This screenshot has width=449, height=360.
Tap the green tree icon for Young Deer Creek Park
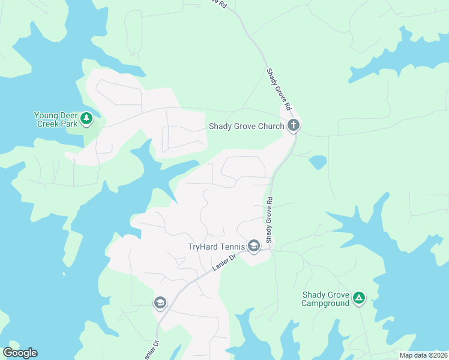(x=87, y=119)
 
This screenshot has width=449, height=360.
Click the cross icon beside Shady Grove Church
(x=293, y=125)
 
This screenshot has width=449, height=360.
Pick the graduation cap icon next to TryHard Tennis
(x=253, y=246)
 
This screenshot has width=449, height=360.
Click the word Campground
(x=325, y=304)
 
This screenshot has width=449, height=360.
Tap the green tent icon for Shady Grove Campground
(x=359, y=298)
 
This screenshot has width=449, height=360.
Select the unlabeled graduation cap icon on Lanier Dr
(x=160, y=303)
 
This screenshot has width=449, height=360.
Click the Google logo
(x=20, y=353)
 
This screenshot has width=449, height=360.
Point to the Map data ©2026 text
(x=423, y=355)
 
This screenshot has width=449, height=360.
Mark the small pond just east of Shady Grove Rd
(x=318, y=162)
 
